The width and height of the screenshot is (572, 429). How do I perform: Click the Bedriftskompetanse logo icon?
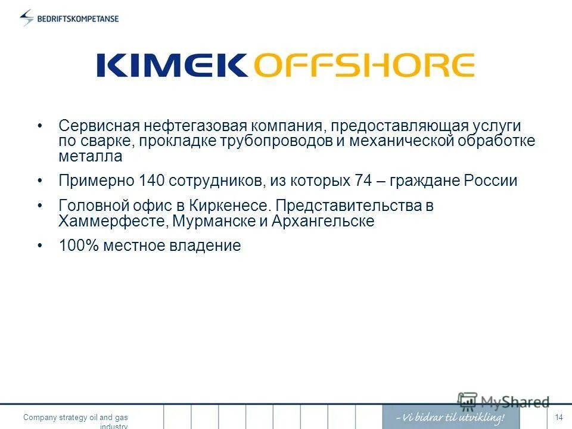click(27, 18)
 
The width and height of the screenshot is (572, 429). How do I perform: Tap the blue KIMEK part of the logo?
click(172, 65)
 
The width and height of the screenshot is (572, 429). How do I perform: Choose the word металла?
click(90, 157)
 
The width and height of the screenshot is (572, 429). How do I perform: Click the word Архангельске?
click(323, 222)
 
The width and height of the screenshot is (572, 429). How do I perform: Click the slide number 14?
click(558, 417)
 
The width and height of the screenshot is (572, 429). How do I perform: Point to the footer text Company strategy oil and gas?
click(76, 418)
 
